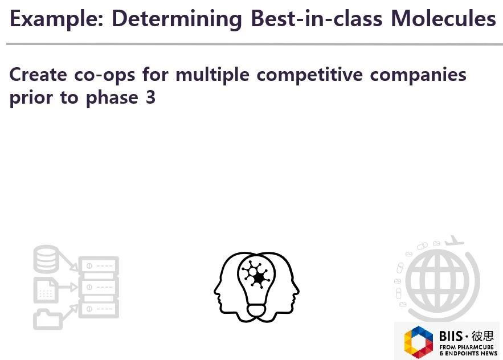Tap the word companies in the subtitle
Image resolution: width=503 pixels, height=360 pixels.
click(421, 75)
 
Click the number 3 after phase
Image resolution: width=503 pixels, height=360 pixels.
click(150, 97)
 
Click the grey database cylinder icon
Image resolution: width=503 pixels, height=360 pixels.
click(46, 259)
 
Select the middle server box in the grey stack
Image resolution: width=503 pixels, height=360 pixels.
click(99, 287)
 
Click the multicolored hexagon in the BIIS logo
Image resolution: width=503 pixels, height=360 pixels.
click(419, 342)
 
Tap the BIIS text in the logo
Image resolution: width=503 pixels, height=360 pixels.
click(451, 336)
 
